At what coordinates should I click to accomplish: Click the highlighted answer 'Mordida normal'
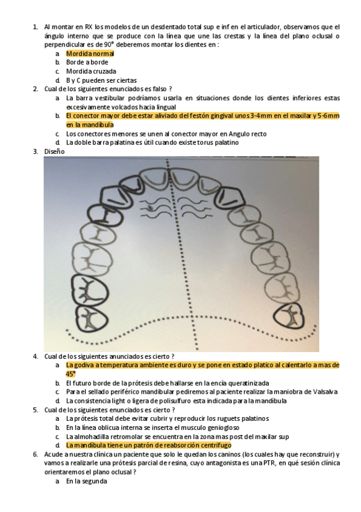[x=90, y=53]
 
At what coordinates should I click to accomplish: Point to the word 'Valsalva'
[x=324, y=391]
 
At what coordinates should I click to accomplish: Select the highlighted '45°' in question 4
[x=71, y=374]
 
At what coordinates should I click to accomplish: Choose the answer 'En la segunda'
[x=87, y=481]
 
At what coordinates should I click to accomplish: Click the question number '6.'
[x=36, y=454]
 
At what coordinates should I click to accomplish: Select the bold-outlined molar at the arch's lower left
[x=90, y=290]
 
